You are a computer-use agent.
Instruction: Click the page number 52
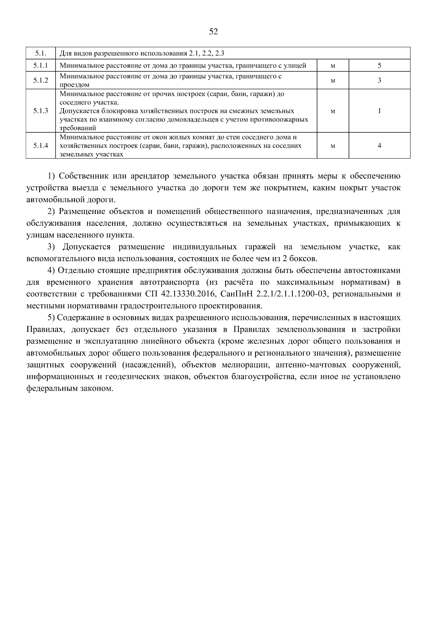213,32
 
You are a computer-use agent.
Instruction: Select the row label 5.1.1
41,66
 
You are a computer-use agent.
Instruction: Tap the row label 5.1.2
41,80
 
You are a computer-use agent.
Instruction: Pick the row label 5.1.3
41,111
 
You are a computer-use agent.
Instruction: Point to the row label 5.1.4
41,145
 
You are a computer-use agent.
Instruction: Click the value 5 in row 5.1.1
379,66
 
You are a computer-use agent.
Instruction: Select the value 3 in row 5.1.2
379,80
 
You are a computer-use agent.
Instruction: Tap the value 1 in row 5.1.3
379,111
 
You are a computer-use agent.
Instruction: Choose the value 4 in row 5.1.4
379,145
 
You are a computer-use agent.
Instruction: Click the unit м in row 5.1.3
333,111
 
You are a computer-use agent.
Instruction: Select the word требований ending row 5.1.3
78,128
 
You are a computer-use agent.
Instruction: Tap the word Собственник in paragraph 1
79,176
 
